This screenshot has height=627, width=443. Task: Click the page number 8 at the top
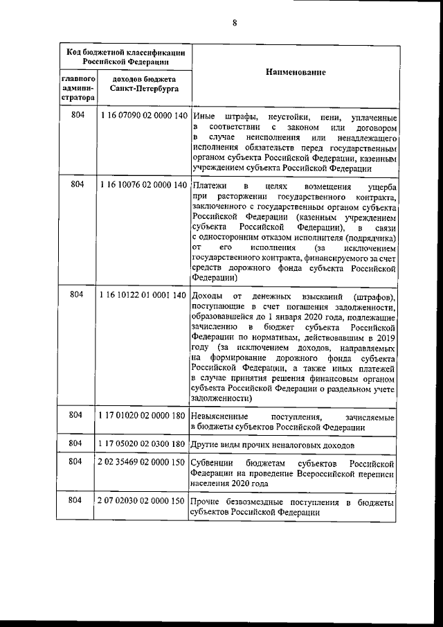coord(235,23)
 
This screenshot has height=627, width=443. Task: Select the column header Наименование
coord(296,73)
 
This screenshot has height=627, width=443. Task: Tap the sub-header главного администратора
coord(78,89)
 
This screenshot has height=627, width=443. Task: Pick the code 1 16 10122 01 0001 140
coord(144,295)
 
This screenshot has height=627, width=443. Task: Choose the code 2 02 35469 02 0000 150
coord(144,461)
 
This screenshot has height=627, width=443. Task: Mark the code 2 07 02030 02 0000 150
coord(144,501)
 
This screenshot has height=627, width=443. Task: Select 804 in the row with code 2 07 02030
coord(78,501)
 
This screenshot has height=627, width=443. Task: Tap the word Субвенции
coord(213,462)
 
